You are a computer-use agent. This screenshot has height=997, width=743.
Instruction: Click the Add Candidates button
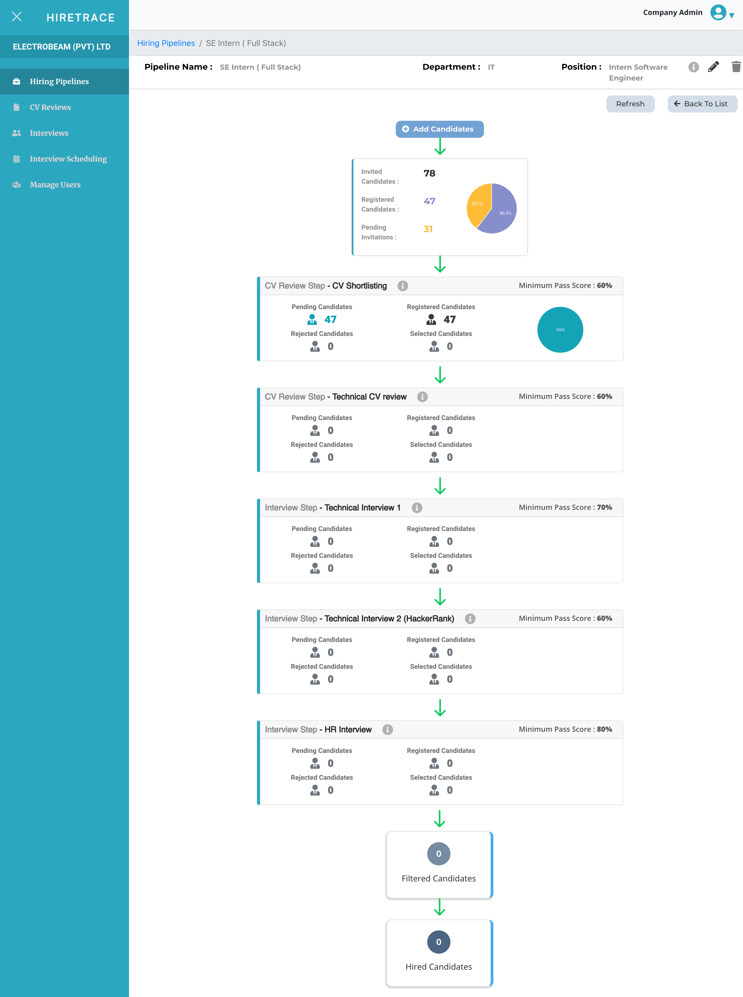coord(439,129)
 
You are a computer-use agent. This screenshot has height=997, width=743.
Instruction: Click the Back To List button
coord(702,104)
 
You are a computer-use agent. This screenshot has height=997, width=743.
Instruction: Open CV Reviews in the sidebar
coord(50,107)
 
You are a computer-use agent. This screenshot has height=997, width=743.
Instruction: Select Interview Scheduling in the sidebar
coord(68,159)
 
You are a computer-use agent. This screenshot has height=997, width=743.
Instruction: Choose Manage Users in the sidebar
coord(55,184)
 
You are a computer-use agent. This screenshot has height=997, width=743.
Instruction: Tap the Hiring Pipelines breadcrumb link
coord(166,43)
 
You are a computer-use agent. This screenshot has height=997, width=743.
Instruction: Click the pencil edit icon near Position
coord(713,67)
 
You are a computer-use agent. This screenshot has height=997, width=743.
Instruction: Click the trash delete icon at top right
coord(736,67)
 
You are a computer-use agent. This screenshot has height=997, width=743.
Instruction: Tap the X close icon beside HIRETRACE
coord(17,17)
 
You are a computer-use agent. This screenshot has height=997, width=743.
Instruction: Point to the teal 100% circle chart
coord(560,330)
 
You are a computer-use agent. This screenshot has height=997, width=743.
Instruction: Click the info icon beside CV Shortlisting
coord(402,286)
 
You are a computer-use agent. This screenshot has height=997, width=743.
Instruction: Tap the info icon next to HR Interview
coord(387,729)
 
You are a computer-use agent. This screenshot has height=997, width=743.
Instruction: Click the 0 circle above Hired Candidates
coord(439,942)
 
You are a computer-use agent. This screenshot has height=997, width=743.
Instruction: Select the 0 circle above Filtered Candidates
coord(439,854)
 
